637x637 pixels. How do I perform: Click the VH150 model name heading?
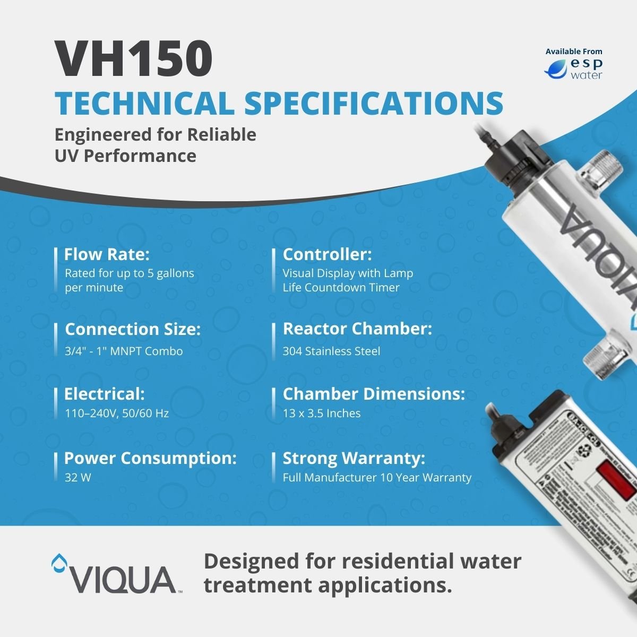[135, 59]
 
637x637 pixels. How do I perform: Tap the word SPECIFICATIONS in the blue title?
[373, 103]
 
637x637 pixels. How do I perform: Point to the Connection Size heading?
[133, 329]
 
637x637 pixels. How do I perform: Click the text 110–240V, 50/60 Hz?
[117, 413]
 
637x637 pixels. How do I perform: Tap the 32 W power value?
[78, 477]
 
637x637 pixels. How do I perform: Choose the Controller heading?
[328, 255]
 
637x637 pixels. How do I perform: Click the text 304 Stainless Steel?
[331, 351]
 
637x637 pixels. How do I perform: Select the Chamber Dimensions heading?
[374, 394]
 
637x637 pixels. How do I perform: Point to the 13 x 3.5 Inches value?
[322, 413]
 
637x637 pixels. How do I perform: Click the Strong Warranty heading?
[354, 458]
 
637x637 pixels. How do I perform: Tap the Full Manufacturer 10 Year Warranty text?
[377, 477]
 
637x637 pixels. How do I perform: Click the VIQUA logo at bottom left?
[114, 573]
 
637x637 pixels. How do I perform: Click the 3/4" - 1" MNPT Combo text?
[124, 351]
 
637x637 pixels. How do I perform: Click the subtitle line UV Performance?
[125, 156]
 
